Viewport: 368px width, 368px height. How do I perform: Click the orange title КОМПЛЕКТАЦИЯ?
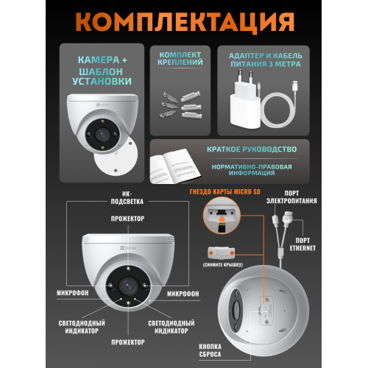coord(185,21)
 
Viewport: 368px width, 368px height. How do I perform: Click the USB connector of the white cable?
coord(294,86)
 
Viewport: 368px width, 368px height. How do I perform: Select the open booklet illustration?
coord(174,166)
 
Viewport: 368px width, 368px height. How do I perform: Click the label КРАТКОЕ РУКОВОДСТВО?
coord(252,149)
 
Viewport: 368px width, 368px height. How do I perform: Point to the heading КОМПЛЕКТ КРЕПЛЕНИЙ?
coord(180,58)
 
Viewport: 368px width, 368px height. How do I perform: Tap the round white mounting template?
coord(116,156)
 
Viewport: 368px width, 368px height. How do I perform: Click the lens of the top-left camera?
coord(102,134)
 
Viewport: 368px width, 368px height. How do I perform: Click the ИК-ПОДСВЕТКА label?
coord(127,198)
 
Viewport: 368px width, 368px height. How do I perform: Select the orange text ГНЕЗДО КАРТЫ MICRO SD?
coord(225,191)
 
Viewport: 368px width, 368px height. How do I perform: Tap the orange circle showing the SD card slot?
coord(222,216)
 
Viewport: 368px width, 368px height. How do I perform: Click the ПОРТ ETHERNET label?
coord(302,244)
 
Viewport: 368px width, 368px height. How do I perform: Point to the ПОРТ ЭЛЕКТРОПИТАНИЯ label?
coord(291,197)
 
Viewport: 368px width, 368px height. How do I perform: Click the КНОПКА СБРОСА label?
coord(210,350)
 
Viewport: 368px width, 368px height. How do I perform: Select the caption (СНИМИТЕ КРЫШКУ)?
coord(223,265)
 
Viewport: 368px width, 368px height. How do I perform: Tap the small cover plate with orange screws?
coord(221,252)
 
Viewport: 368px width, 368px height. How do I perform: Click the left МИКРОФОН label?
coord(73,293)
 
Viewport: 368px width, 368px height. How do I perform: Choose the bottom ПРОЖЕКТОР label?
coord(128,342)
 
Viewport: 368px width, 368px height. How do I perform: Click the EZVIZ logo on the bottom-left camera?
coord(128,248)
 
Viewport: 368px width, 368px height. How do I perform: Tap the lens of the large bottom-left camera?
coord(128,286)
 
